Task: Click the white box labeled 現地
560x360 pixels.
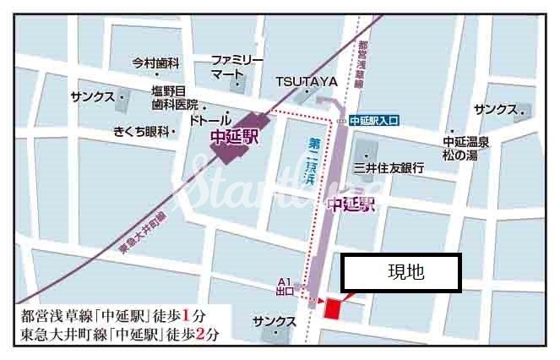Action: tap(400, 273)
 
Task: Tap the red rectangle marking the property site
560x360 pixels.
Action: tap(331, 309)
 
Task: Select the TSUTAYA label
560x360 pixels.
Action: tap(306, 81)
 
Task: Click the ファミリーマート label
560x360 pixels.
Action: tap(237, 68)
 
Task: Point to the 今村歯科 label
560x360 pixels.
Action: tap(156, 63)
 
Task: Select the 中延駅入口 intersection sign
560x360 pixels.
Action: tap(377, 121)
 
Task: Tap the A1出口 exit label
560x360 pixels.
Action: tap(285, 287)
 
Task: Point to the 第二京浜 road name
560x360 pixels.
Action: tap(309, 166)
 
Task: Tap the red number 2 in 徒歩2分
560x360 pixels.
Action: tap(199, 334)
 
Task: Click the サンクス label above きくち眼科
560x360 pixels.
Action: tap(93, 97)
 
